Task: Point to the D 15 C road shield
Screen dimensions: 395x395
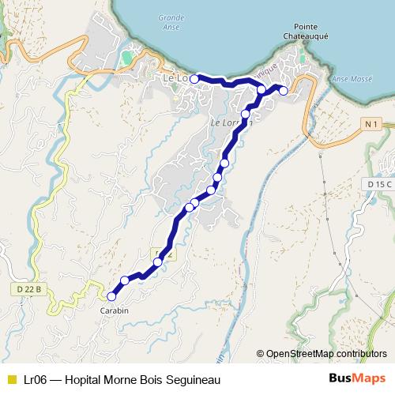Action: (379, 183)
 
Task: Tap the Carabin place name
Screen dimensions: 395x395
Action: (114, 310)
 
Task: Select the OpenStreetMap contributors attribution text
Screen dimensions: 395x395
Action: (321, 355)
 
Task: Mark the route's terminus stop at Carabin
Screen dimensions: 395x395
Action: (111, 297)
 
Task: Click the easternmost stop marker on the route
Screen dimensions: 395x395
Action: (284, 90)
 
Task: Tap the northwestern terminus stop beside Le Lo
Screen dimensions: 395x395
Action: (194, 79)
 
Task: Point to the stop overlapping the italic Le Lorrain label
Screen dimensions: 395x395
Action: (245, 115)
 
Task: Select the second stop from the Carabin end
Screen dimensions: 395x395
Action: (125, 281)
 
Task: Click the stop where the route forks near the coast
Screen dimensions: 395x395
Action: (261, 90)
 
